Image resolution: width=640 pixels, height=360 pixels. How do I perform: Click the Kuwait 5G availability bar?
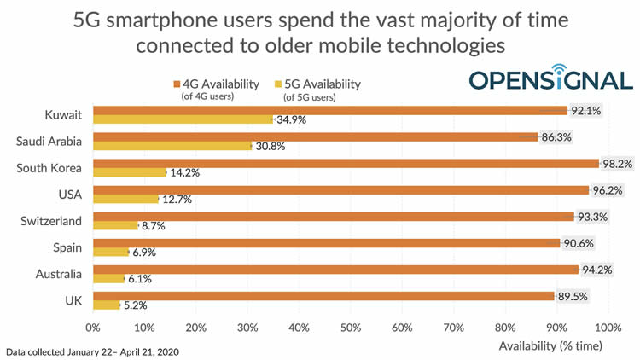183,120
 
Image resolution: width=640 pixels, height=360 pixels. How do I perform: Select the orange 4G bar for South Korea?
346,163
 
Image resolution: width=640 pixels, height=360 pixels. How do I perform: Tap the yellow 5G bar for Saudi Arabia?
172,146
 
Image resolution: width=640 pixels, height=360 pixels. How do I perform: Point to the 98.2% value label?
620,163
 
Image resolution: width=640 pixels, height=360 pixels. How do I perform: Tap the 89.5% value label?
573,295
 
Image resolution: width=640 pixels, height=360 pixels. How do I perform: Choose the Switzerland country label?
52,220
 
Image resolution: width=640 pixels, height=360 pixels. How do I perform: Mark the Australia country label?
57,273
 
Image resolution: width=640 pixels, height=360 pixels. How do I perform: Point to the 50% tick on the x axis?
351,327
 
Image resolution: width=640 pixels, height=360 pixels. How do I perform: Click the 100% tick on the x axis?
608,327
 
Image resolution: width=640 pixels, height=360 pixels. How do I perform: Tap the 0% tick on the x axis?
93,327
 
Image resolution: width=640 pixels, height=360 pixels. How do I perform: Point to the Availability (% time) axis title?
550,345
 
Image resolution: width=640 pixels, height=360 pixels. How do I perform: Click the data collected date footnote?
92,351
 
